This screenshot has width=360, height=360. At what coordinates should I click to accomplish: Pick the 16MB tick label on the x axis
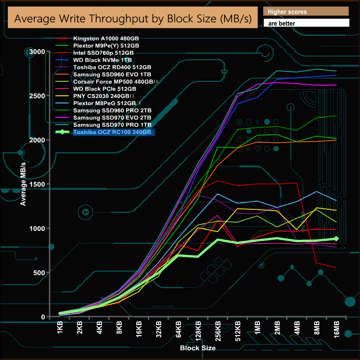pos(336,331)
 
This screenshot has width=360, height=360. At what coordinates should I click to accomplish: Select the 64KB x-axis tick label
pos(179,331)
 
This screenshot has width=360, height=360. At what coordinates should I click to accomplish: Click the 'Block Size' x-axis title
pos(197,348)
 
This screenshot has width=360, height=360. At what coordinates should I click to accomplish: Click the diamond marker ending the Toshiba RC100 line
pos(337,239)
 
